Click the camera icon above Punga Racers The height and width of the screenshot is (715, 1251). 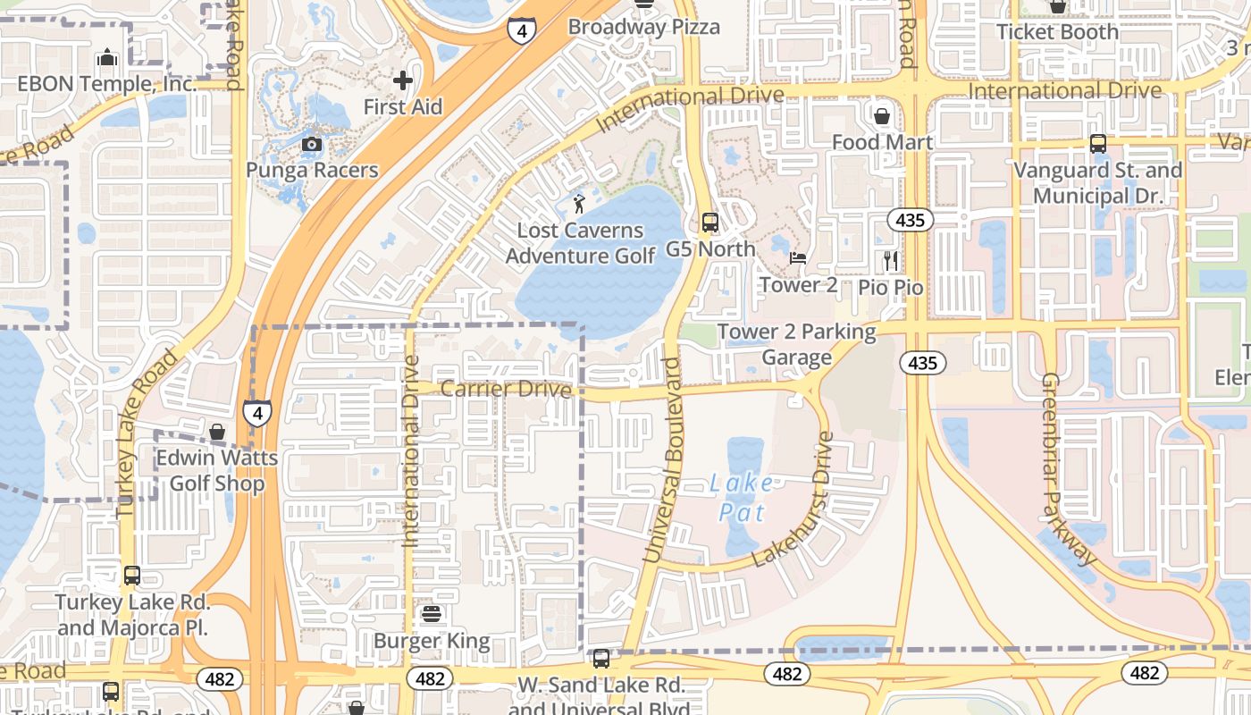pyautogui.click(x=312, y=144)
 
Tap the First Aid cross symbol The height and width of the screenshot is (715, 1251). pyautogui.click(x=403, y=80)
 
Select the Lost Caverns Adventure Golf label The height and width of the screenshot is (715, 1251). pyautogui.click(x=581, y=243)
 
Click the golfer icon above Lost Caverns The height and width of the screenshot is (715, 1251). pyautogui.click(x=580, y=204)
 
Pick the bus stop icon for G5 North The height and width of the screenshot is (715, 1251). pyautogui.click(x=710, y=223)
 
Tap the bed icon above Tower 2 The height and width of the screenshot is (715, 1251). pyautogui.click(x=798, y=258)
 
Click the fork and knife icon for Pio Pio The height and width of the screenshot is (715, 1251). pyautogui.click(x=890, y=260)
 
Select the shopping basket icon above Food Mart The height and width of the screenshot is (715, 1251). pyautogui.click(x=882, y=116)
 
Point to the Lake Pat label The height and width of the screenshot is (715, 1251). pyautogui.click(x=743, y=498)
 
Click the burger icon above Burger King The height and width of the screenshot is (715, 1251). pyautogui.click(x=432, y=614)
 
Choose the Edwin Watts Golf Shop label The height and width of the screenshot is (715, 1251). pyautogui.click(x=217, y=471)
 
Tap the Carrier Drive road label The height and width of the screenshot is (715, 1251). pyautogui.click(x=506, y=389)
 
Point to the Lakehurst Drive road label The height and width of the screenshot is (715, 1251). pyautogui.click(x=797, y=500)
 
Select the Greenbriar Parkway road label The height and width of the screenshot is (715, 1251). pyautogui.click(x=1068, y=469)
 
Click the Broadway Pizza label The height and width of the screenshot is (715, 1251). pyautogui.click(x=643, y=27)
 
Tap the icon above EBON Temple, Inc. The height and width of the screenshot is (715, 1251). pyautogui.click(x=107, y=58)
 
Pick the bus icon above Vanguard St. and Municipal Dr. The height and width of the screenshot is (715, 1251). pyautogui.click(x=1097, y=143)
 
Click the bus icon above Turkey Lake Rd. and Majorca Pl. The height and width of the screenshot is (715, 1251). pyautogui.click(x=132, y=576)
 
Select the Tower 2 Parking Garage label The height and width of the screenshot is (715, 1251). pyautogui.click(x=797, y=344)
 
